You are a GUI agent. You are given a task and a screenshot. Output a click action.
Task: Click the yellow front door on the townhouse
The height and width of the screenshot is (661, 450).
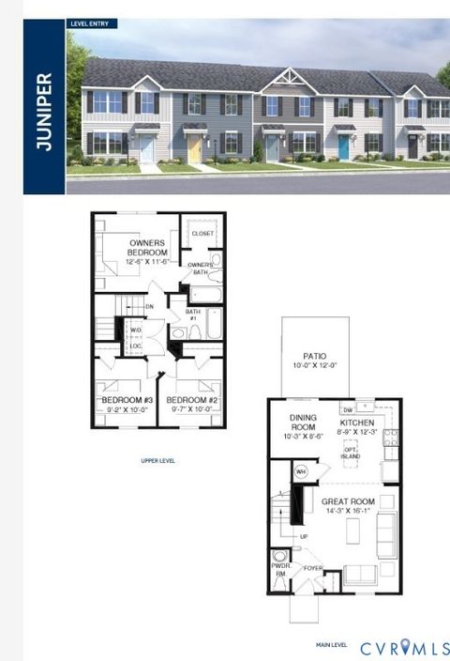tap(195, 147)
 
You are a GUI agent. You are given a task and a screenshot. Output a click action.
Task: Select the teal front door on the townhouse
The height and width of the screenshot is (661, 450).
tap(343, 146)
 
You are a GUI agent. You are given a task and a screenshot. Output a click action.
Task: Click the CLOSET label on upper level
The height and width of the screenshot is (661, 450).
tap(202, 233)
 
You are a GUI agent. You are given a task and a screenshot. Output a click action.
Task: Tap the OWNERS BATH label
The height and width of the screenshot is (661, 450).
tap(200, 269)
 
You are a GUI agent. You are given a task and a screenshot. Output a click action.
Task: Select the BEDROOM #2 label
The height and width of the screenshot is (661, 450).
tap(190, 403)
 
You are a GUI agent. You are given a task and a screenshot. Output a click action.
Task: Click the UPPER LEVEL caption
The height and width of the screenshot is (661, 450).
tap(157, 460)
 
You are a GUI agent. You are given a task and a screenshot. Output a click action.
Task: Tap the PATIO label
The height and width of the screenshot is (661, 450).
tap(314, 361)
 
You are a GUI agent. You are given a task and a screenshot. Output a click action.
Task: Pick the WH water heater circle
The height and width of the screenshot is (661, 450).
tap(302, 471)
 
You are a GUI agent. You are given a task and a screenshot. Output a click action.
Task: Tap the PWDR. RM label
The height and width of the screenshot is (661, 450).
tap(279, 569)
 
